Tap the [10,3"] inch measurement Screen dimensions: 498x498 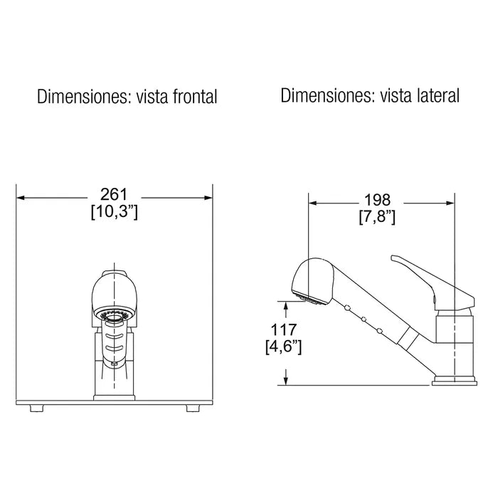point(114,212)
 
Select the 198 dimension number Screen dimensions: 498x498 point(377,201)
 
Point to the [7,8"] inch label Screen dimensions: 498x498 point(377,217)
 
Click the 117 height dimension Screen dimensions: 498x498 point(286,329)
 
